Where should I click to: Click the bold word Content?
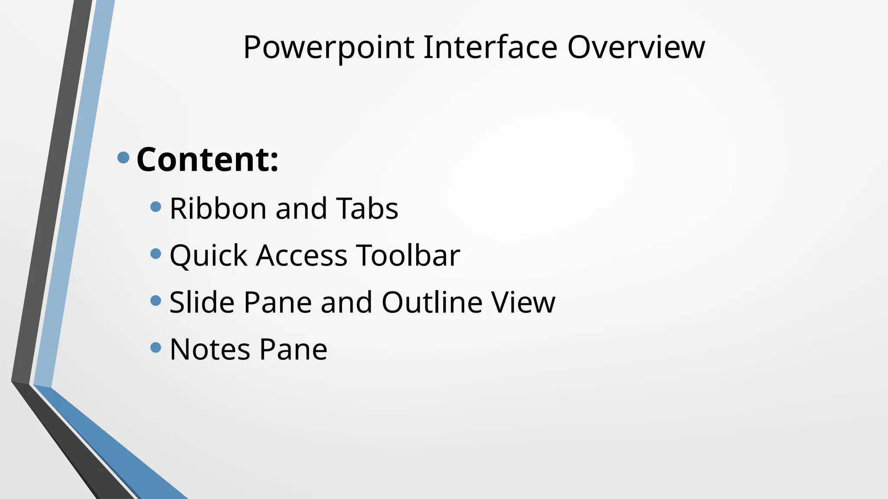(x=207, y=159)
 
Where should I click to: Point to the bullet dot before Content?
(x=124, y=157)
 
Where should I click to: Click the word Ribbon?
(x=217, y=209)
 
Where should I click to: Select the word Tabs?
(x=367, y=209)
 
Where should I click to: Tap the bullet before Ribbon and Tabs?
(x=156, y=207)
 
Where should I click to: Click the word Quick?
(x=208, y=256)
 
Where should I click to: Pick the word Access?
(x=302, y=256)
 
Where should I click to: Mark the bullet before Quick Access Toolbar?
(x=156, y=253)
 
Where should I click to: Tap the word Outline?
(x=432, y=302)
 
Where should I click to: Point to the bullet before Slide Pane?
(x=156, y=300)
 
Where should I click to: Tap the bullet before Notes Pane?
(x=156, y=347)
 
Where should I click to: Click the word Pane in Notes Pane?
(x=294, y=349)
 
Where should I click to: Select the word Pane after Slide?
(x=277, y=302)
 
